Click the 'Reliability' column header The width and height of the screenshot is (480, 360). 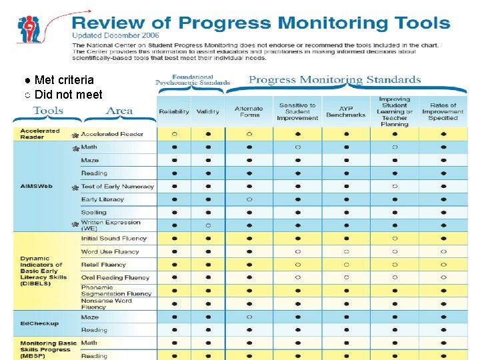pos(174,111)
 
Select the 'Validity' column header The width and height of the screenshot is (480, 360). pos(208,111)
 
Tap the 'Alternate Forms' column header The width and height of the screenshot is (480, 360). pos(249,111)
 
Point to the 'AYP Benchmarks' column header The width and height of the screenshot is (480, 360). pos(346,111)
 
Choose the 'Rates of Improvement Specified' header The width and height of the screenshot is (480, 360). pos(443,111)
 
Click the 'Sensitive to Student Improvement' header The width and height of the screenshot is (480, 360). pos(297,111)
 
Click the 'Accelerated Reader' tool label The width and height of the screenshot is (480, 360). pos(40,134)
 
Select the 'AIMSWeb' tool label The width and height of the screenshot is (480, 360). pos(37,186)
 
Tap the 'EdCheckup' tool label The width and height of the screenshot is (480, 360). pos(39,323)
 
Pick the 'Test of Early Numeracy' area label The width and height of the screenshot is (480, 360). pos(117,187)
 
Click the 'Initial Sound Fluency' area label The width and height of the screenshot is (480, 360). pos(114,239)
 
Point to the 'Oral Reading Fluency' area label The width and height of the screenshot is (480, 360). pos(115,278)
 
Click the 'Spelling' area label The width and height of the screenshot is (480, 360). pos(94,213)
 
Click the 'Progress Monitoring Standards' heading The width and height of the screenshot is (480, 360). pos(335,80)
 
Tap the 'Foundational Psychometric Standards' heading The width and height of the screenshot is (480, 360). pos(193,80)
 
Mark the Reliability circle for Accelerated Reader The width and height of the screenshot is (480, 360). pos(174,134)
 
